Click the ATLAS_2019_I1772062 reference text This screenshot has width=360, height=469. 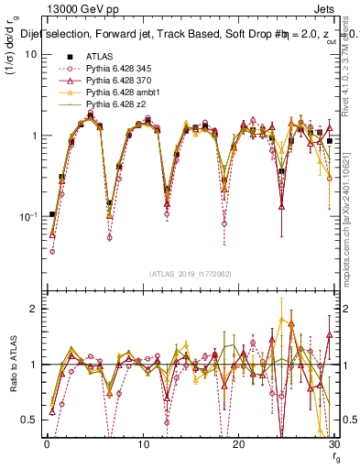(x=189, y=274)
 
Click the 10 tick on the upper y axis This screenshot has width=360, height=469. (x=30, y=54)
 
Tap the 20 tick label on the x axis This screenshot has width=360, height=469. (x=238, y=443)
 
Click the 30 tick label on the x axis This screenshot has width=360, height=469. (x=333, y=443)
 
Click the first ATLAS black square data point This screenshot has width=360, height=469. (x=52, y=214)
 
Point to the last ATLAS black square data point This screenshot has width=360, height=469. (x=329, y=141)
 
